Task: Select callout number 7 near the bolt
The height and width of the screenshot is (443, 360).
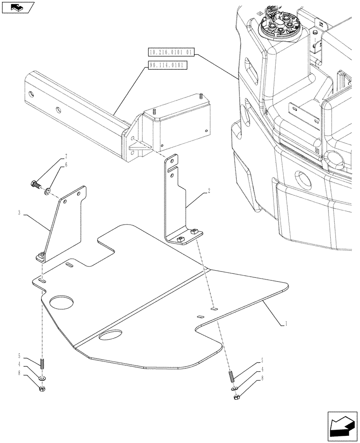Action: click(66, 157)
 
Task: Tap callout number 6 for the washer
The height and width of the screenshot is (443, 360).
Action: click(66, 164)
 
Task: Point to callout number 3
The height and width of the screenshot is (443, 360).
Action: click(20, 213)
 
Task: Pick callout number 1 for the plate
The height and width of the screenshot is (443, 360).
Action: click(286, 324)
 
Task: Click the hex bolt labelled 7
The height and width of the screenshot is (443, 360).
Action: click(36, 183)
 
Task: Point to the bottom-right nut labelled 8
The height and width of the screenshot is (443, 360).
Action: click(236, 396)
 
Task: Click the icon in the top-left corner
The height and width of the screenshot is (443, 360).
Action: click(18, 8)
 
